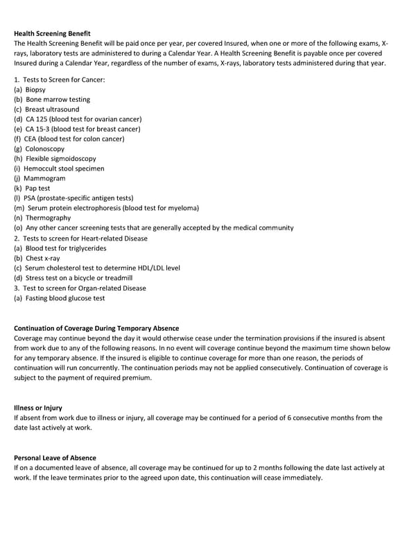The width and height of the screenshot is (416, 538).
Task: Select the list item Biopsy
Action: click(35, 89)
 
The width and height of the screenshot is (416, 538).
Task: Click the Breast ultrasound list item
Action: click(52, 109)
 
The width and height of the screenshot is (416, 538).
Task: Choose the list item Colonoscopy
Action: click(44, 148)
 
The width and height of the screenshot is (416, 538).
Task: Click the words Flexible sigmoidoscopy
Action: click(61, 159)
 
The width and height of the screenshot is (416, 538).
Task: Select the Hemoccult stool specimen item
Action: click(64, 168)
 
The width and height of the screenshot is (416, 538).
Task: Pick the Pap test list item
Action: click(37, 188)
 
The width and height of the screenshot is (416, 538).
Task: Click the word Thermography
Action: click(48, 218)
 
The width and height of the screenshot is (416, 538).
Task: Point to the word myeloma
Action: click(183, 208)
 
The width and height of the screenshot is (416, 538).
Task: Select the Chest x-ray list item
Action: click(43, 258)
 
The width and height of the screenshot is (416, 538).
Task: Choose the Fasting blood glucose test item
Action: click(65, 298)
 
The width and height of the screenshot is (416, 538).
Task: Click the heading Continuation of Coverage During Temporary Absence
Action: click(96, 328)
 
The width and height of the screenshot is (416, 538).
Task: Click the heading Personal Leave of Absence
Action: click(55, 458)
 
